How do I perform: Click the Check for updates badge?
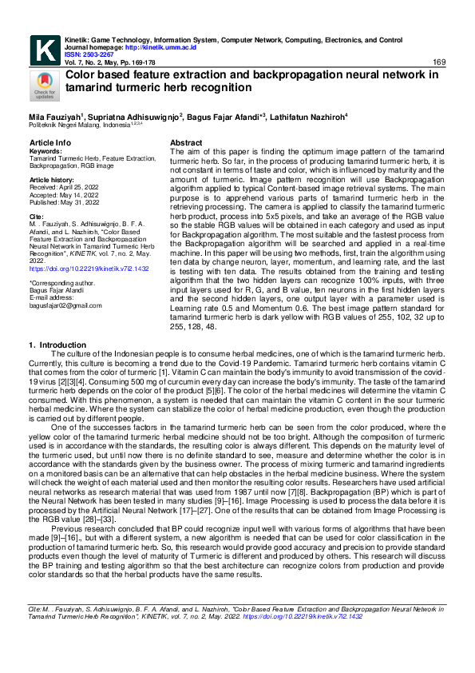coord(43,85)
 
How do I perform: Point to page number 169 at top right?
coord(438,62)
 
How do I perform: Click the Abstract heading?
coord(187,142)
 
